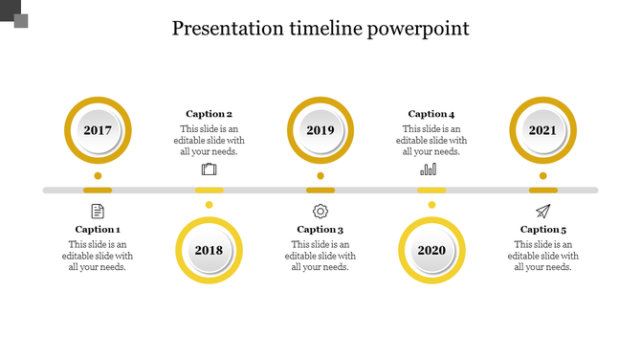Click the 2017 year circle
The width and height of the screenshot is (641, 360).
click(x=98, y=130)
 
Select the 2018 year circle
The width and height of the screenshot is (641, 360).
click(x=209, y=250)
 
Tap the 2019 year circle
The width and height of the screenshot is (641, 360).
click(x=320, y=130)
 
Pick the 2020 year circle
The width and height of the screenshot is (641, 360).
click(x=431, y=250)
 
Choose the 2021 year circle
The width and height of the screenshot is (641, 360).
click(x=542, y=130)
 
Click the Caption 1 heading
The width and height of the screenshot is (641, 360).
click(x=98, y=230)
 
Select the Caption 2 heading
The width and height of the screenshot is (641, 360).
click(x=209, y=114)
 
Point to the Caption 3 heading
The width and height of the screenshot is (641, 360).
click(x=320, y=230)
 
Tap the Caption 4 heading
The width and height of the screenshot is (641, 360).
click(x=431, y=114)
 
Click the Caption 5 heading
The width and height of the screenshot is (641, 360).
click(x=543, y=230)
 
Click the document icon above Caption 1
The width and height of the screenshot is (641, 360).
click(x=98, y=211)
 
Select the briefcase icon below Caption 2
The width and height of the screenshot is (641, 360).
click(x=209, y=169)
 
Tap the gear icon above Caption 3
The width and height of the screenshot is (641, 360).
click(x=320, y=211)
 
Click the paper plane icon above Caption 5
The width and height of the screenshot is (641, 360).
click(x=542, y=211)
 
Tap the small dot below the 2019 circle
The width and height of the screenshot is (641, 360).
click(x=320, y=176)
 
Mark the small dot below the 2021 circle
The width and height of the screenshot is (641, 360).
click(x=542, y=176)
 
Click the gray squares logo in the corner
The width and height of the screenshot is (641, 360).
click(x=14, y=14)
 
